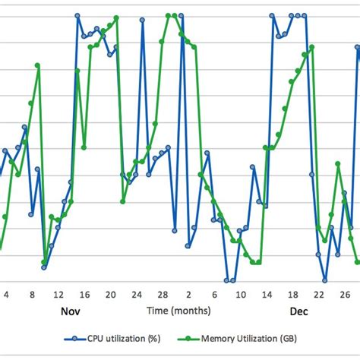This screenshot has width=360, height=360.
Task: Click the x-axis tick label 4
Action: pyautogui.click(x=7, y=295)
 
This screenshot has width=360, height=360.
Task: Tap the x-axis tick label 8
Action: pyautogui.click(x=32, y=295)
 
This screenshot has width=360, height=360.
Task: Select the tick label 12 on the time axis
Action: pyautogui.click(x=58, y=295)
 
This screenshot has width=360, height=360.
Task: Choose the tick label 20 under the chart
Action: pyautogui.click(x=110, y=295)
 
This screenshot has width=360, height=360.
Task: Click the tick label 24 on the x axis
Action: pyautogui.click(x=137, y=295)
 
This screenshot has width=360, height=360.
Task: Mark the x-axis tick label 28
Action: pyautogui.click(x=163, y=295)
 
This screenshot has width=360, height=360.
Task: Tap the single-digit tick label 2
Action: pyautogui.click(x=189, y=295)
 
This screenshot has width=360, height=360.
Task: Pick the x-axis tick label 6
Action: pyautogui.click(x=215, y=295)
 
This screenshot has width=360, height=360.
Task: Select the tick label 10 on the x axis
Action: pyautogui.click(x=241, y=295)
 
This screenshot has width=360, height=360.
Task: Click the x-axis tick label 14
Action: pyautogui.click(x=267, y=295)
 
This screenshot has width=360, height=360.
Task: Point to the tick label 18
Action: pyautogui.click(x=293, y=295)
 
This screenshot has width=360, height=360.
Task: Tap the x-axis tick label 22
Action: pyautogui.click(x=319, y=295)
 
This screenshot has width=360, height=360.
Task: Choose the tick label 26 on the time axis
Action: pyautogui.click(x=345, y=295)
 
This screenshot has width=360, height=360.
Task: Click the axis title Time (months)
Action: pyautogui.click(x=179, y=311)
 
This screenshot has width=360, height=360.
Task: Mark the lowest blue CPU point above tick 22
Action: pyautogui.click(x=324, y=280)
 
